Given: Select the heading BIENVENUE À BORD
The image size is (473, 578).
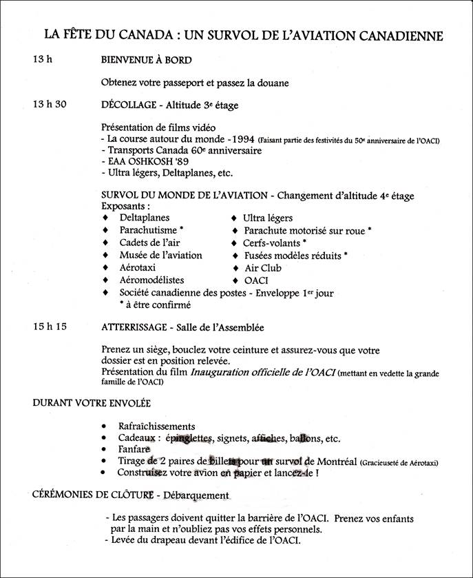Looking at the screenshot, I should coord(145,60).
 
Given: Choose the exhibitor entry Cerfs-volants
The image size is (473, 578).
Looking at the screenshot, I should coord(271,242).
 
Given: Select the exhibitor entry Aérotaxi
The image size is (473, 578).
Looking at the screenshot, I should coord(140,267).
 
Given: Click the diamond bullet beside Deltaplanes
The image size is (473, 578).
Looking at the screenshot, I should coord(105,218).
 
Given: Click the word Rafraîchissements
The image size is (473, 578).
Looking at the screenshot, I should coord(156,426).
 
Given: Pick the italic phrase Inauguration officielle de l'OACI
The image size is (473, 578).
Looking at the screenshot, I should coord(262,373).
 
